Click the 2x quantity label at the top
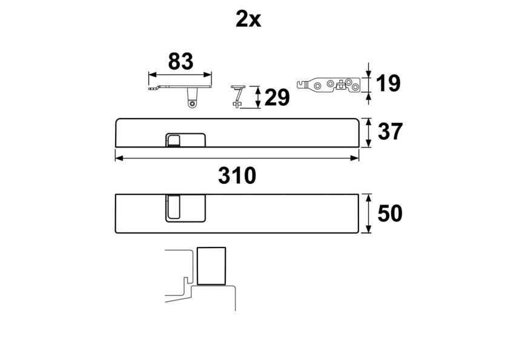(x=248, y=19)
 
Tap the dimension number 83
(x=180, y=61)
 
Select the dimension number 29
(x=277, y=97)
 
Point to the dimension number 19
(x=388, y=83)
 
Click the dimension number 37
(x=390, y=131)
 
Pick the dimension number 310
(x=237, y=175)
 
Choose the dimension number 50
(x=390, y=214)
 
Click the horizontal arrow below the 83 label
(x=180, y=74)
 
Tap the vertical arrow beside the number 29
(x=257, y=97)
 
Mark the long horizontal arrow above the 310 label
(x=237, y=158)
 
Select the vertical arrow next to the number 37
(x=368, y=133)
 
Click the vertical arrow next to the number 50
(x=368, y=214)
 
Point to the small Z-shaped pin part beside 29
(x=239, y=96)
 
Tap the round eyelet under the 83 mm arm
(x=193, y=104)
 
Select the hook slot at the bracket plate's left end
(x=301, y=84)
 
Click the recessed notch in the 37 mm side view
(x=185, y=140)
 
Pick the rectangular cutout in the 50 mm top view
(x=186, y=208)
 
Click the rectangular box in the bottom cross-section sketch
(x=211, y=266)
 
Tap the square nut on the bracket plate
(x=340, y=85)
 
